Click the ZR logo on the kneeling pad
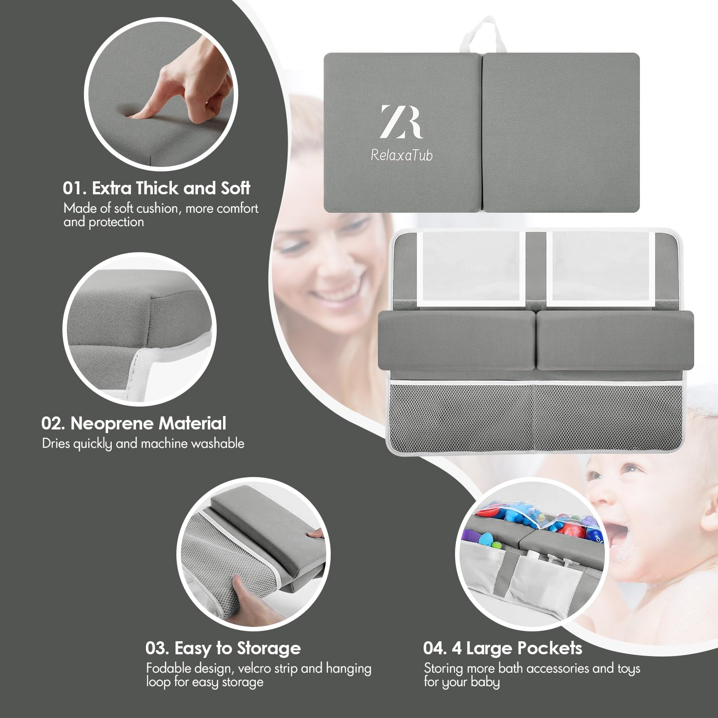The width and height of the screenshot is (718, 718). click(x=401, y=122)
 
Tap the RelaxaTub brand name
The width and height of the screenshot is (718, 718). click(x=402, y=155)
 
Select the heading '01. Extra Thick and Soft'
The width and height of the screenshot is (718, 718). click(x=156, y=188)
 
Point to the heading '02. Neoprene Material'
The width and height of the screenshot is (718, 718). click(x=134, y=423)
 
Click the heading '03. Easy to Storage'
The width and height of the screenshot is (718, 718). click(x=223, y=648)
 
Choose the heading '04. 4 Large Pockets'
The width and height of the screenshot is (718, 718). click(x=503, y=648)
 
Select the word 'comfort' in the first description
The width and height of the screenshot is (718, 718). click(x=236, y=208)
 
